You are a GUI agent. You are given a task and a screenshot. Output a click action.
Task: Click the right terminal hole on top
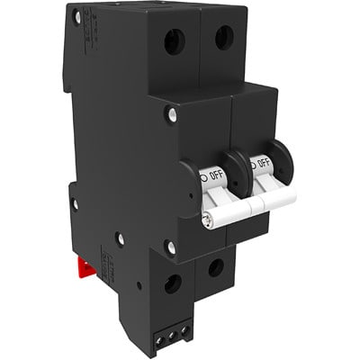(222, 36)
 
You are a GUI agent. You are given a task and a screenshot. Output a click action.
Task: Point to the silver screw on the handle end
(209, 218)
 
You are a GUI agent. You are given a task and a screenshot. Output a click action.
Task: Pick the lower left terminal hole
(172, 283)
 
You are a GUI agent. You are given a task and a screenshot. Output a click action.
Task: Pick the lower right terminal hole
(216, 267)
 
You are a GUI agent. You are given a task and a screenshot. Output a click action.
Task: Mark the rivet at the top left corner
(77, 16)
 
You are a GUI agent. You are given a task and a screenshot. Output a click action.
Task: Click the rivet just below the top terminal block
(170, 113)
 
